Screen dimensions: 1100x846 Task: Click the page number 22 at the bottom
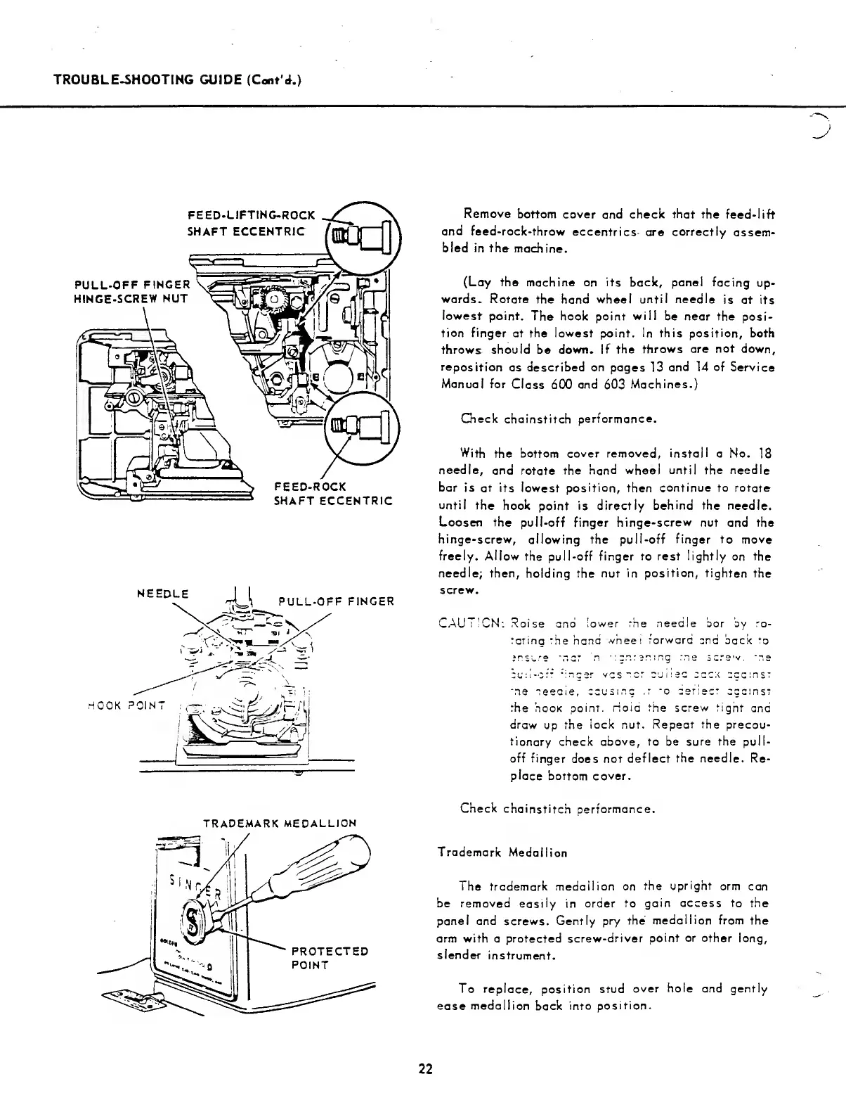click(x=425, y=1070)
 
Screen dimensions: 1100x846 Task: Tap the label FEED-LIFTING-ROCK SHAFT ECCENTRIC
click(x=251, y=223)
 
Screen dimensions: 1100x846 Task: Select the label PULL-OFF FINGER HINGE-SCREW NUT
click(x=132, y=292)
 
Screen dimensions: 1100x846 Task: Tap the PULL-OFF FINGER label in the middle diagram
click(x=336, y=601)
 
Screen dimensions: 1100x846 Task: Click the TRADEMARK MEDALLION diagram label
click(x=280, y=822)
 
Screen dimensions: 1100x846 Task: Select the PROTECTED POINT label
click(x=329, y=958)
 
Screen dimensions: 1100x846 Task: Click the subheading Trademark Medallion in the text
click(x=502, y=852)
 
